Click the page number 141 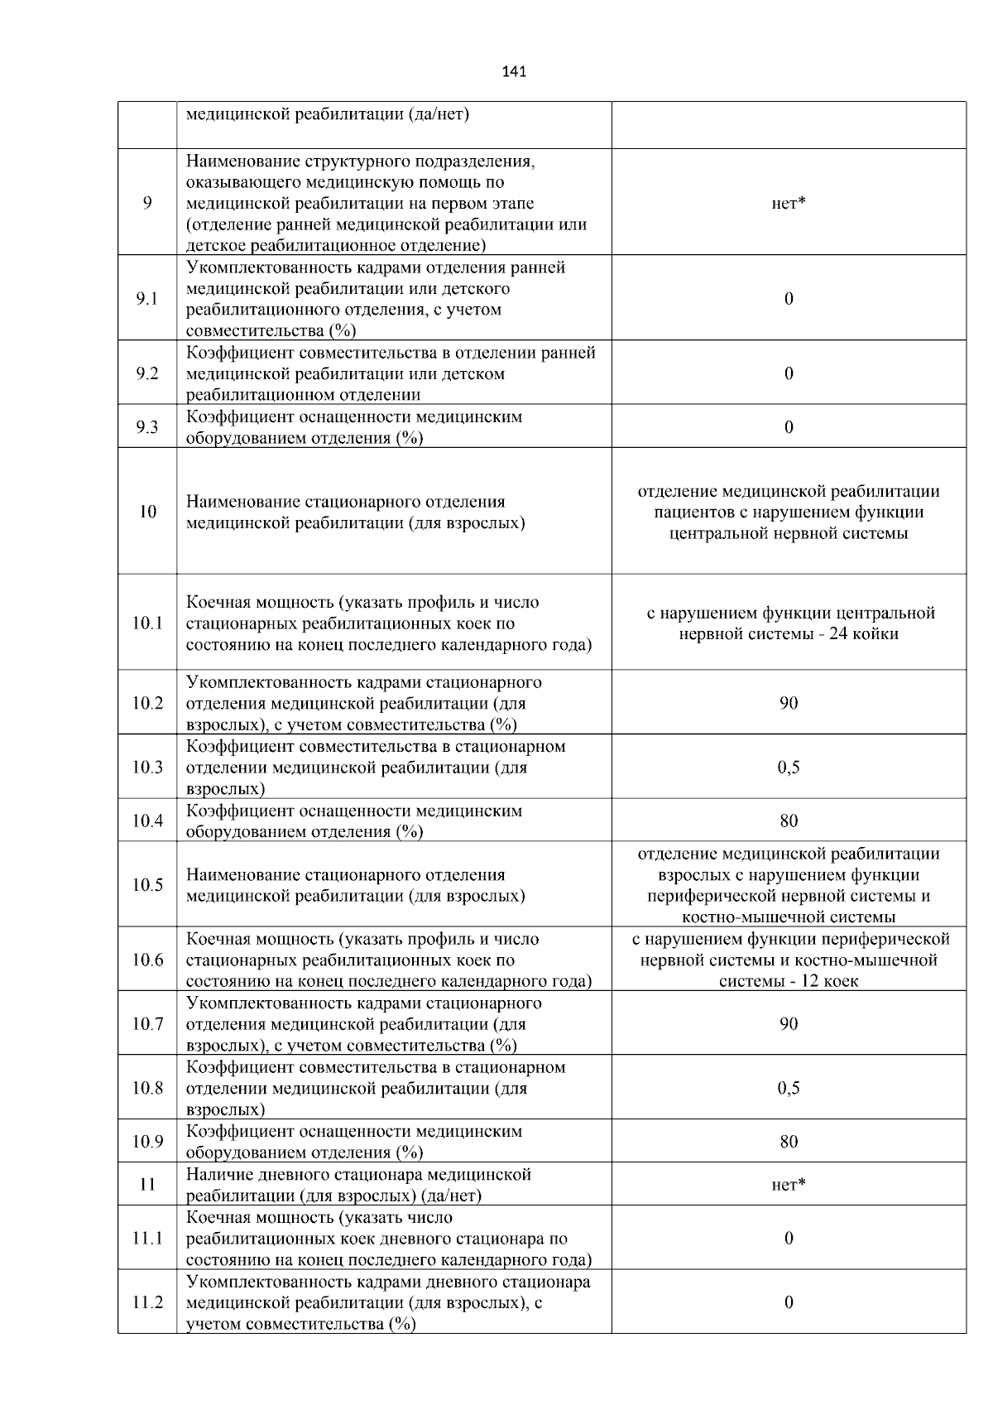pyautogui.click(x=514, y=72)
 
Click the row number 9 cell pyautogui.click(x=147, y=203)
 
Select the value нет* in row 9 pyautogui.click(x=789, y=204)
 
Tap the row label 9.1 pyautogui.click(x=147, y=299)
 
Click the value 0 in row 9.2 pyautogui.click(x=789, y=373)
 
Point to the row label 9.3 pyautogui.click(x=147, y=427)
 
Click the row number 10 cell pyautogui.click(x=147, y=512)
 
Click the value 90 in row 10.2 pyautogui.click(x=789, y=703)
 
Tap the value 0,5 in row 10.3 pyautogui.click(x=789, y=767)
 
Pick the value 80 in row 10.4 pyautogui.click(x=789, y=821)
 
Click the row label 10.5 pyautogui.click(x=147, y=885)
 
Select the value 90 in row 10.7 pyautogui.click(x=789, y=1024)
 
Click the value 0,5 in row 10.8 pyautogui.click(x=789, y=1088)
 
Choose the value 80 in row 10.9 pyautogui.click(x=789, y=1142)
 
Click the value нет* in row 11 pyautogui.click(x=789, y=1185)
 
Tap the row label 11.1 pyautogui.click(x=147, y=1239)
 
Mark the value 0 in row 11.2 pyautogui.click(x=789, y=1302)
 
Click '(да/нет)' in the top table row pyautogui.click(x=439, y=114)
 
